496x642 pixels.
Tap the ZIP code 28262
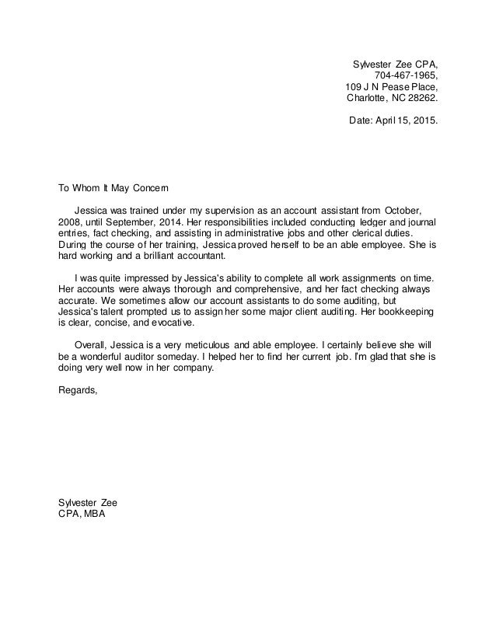click(x=422, y=99)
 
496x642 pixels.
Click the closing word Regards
click(x=79, y=390)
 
